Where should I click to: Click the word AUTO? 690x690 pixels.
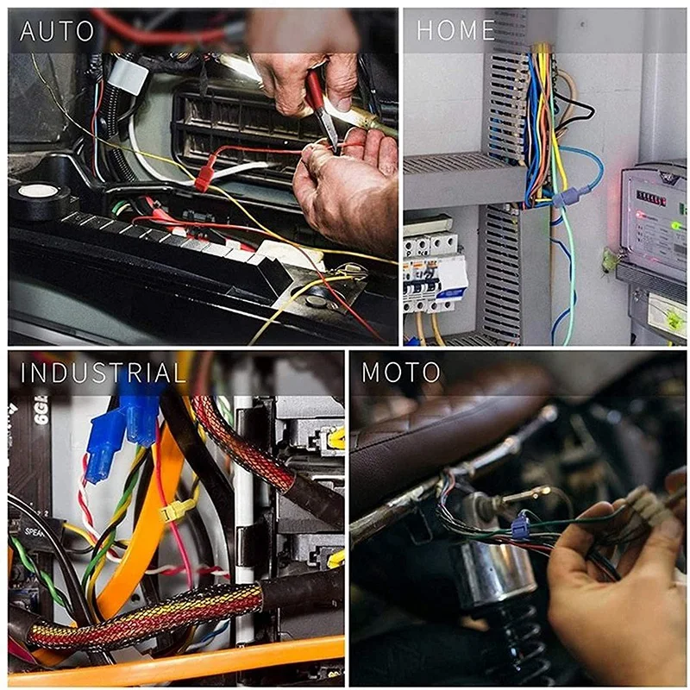coord(56,32)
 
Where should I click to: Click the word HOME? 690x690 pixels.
coord(455,32)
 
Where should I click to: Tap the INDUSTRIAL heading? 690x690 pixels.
coord(103,373)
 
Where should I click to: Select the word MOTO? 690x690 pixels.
coord(400,373)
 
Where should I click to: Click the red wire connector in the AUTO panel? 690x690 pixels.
coord(204,177)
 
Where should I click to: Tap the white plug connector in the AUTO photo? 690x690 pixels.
coord(128,75)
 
